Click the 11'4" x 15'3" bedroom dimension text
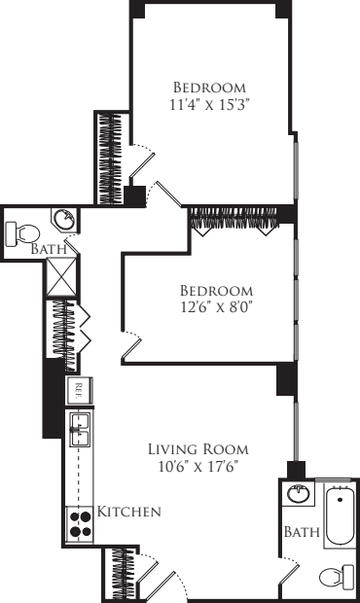[207, 105]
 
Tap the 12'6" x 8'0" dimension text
[217, 307]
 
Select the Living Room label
[198, 449]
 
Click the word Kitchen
[128, 512]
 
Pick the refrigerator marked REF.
[79, 390]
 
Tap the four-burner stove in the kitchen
[80, 524]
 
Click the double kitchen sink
[80, 429]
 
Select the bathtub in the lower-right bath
[340, 515]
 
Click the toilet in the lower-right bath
[338, 576]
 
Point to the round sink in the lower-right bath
[299, 494]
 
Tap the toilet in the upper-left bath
[22, 233]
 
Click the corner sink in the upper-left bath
[64, 220]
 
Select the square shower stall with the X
[62, 276]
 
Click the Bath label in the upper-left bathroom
[48, 249]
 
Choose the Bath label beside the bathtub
[302, 532]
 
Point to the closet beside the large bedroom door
[112, 159]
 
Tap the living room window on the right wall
[296, 432]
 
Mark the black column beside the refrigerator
[53, 399]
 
